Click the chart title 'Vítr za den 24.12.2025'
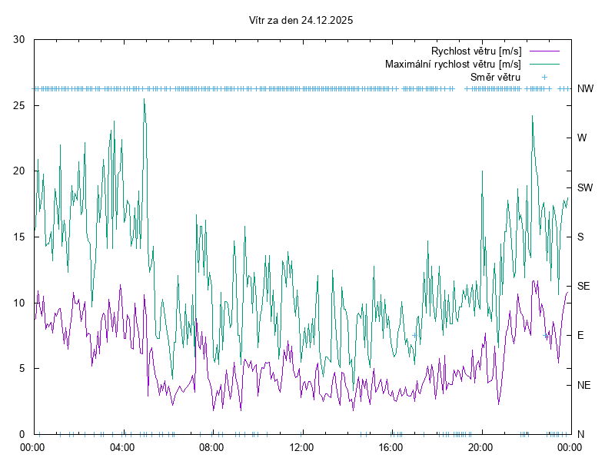(301, 21)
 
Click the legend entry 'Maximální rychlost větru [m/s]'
(453, 65)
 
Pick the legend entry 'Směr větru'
(495, 78)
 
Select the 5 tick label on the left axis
(23, 368)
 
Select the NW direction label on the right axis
(585, 89)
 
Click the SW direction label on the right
(585, 187)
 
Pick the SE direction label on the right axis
(583, 286)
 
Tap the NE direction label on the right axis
(583, 385)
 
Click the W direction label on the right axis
(582, 138)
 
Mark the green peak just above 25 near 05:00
(144, 99)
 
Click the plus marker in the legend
(544, 78)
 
